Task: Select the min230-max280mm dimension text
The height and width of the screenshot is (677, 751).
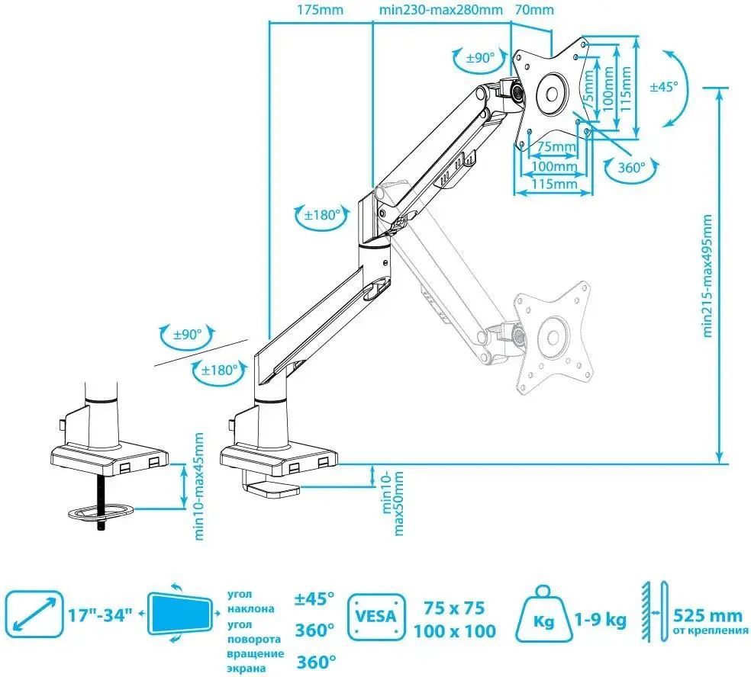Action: [441, 11]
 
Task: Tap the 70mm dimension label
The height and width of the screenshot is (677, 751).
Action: [534, 11]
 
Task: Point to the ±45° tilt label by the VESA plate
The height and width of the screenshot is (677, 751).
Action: [663, 87]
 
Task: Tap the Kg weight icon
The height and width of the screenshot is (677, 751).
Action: [544, 616]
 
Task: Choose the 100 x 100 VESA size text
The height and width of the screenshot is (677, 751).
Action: [455, 630]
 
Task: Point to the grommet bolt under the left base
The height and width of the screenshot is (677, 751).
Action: [101, 504]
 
